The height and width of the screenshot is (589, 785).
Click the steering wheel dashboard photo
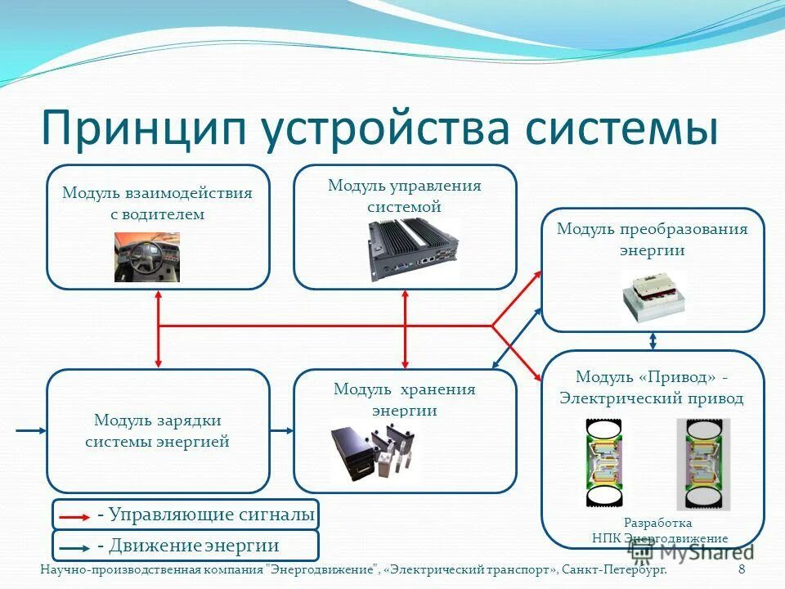(x=146, y=257)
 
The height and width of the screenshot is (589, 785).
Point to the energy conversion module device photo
(x=653, y=296)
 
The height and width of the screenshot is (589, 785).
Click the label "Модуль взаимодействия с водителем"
(x=157, y=204)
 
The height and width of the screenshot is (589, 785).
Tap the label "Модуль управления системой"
(x=404, y=196)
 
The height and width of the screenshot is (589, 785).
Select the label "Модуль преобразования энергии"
(x=652, y=239)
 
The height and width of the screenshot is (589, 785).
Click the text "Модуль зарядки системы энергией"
(x=157, y=431)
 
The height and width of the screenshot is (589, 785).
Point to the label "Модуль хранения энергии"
(x=404, y=400)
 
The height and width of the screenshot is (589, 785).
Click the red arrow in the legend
(x=76, y=517)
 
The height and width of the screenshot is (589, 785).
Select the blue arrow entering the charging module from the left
(x=31, y=430)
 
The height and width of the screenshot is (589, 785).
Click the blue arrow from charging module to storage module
(x=281, y=430)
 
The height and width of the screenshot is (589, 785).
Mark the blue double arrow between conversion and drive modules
(x=653, y=340)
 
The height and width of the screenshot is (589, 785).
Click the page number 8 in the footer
(x=741, y=569)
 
